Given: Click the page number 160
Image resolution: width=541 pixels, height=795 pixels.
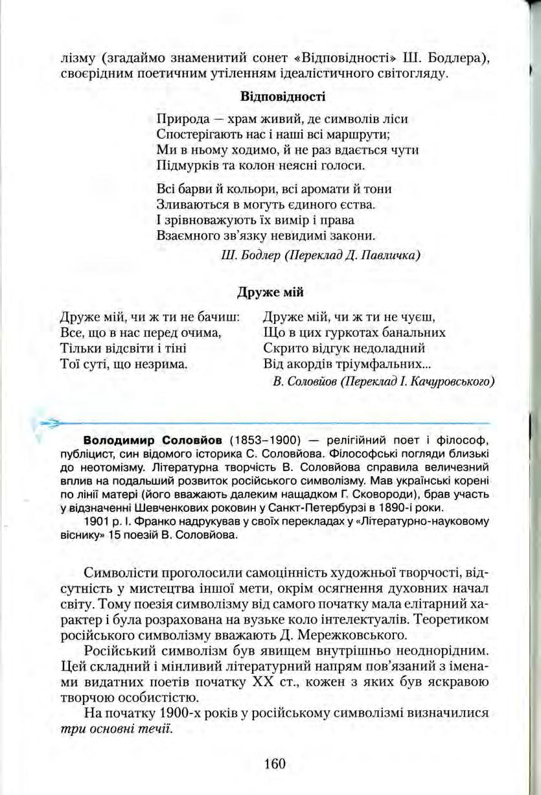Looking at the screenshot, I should tap(275, 764).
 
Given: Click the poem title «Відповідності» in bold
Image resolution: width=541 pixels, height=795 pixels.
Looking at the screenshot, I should tap(282, 97).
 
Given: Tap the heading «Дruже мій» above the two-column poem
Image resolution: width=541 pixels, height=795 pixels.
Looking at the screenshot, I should tap(270, 292).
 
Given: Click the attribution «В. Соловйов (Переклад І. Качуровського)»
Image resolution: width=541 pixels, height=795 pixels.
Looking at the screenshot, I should tap(384, 381).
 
